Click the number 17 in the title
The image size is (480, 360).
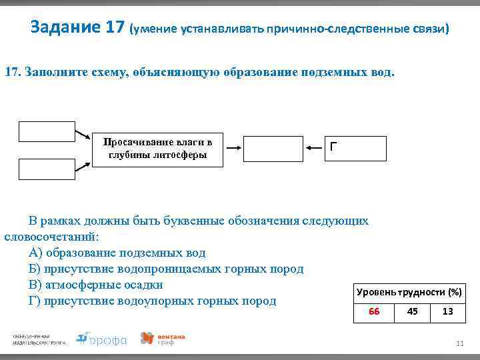115,28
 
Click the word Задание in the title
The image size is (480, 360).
65,28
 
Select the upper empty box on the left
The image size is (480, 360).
37,131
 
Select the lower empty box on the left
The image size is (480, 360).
37,169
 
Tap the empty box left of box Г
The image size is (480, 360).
273,149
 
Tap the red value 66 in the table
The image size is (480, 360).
374,311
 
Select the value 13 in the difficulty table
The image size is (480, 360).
447,311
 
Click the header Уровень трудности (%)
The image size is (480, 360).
409,292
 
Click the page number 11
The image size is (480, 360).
459,343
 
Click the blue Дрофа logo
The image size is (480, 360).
101,339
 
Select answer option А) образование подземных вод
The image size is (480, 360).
117,253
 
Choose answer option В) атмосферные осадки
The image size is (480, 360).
96,285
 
